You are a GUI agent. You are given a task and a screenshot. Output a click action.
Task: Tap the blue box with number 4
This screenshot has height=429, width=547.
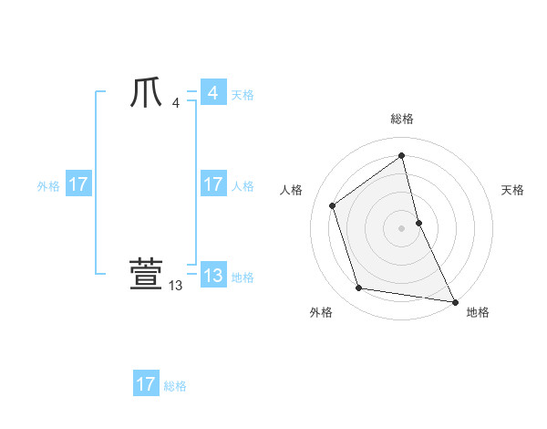point(212,93)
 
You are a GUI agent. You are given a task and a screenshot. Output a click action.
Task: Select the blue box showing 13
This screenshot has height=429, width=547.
point(212,275)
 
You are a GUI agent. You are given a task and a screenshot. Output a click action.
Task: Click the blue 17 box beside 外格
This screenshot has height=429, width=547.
point(78,184)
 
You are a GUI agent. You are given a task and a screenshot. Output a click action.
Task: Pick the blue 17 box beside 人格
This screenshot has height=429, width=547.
point(212,184)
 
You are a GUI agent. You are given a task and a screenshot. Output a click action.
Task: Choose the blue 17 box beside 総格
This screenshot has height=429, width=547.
point(146,384)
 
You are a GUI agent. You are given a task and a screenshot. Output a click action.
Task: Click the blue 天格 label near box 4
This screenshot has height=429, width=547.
point(243,94)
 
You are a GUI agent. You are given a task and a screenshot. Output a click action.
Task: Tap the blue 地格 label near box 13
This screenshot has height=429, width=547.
point(243,277)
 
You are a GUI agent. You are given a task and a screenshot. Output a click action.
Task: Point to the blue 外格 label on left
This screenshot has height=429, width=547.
point(48,186)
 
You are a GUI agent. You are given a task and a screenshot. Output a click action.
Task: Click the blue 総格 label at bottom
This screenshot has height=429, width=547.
point(175,386)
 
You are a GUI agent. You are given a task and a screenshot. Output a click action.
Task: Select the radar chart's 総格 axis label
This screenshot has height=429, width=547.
point(402,120)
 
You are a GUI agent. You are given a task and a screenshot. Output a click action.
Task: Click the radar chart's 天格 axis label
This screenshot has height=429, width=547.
point(512,190)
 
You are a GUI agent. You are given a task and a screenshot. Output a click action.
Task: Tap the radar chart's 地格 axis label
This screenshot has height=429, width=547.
point(478,312)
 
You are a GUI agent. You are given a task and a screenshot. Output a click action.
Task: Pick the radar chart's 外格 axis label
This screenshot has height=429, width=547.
point(321,312)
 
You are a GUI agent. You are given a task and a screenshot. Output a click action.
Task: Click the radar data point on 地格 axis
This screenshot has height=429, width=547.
point(454,301)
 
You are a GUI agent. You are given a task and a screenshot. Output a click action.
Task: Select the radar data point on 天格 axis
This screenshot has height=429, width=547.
point(418,222)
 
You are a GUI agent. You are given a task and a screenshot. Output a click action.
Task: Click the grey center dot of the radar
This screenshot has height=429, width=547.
point(402,227)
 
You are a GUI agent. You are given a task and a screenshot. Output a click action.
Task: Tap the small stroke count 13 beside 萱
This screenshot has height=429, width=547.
point(176,286)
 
